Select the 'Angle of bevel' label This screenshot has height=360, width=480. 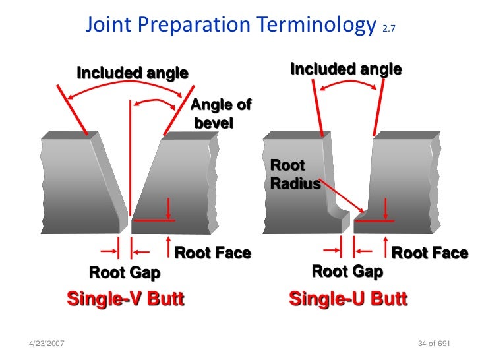[220, 114]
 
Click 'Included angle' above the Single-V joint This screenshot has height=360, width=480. [133, 73]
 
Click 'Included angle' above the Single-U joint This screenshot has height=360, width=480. [345, 69]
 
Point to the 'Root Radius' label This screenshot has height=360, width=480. [294, 174]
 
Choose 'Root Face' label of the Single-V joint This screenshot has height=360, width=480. [212, 253]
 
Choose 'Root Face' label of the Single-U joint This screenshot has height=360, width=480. [430, 253]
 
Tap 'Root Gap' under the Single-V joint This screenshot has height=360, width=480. [125, 272]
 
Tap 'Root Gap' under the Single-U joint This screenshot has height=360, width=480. [347, 271]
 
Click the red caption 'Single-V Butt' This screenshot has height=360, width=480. [125, 299]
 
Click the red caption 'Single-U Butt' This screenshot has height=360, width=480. [348, 299]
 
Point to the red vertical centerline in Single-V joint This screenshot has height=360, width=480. [131, 158]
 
